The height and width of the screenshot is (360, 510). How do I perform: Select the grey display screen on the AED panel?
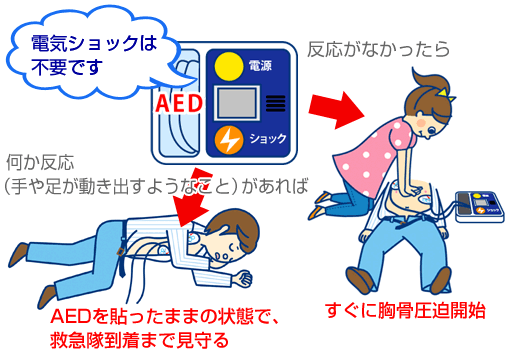click(x=240, y=104)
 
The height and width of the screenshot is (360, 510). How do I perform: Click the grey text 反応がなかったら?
click(x=378, y=49)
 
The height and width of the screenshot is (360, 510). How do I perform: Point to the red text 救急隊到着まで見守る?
click(x=139, y=340)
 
